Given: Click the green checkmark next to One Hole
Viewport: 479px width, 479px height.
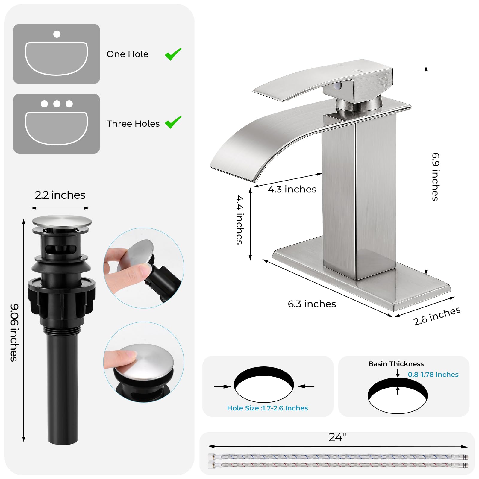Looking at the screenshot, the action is click(x=173, y=54).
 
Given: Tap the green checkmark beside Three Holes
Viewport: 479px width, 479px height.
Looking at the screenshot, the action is click(x=173, y=122).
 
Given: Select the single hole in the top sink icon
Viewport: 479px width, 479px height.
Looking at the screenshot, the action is click(x=57, y=34).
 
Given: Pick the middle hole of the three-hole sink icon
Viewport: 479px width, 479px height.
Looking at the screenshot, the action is click(x=57, y=104).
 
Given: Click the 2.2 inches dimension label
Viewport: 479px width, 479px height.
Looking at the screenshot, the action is click(x=60, y=195).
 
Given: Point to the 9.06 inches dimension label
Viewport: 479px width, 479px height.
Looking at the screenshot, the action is click(x=14, y=333).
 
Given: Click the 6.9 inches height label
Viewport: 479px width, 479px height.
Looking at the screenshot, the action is click(x=435, y=177).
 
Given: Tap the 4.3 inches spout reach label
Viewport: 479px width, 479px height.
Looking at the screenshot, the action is click(x=292, y=189).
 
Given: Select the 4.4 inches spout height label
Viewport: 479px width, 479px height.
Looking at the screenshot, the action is click(x=239, y=220).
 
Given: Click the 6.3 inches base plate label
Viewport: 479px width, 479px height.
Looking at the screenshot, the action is click(x=312, y=304).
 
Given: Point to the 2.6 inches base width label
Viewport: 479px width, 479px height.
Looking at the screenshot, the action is click(x=437, y=316).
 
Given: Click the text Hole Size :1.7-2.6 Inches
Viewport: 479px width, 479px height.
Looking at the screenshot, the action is click(x=267, y=408).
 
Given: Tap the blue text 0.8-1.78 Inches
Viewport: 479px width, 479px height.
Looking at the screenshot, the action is click(x=433, y=375).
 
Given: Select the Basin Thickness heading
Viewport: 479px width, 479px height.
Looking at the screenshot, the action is click(x=396, y=364).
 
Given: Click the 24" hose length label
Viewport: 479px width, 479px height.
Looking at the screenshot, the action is click(x=337, y=437).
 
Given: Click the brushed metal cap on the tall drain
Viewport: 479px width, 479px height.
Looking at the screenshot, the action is click(x=62, y=221).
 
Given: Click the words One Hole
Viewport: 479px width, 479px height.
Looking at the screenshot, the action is click(x=128, y=54).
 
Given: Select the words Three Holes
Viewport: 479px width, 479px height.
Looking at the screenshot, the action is click(x=133, y=124).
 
